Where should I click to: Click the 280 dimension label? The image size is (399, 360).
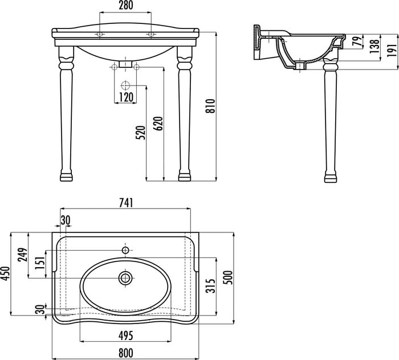tap(126, 5)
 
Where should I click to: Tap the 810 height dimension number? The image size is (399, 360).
tap(211, 106)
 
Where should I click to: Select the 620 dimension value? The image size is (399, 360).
tap(158, 124)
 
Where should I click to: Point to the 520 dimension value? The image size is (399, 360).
tap(140, 133)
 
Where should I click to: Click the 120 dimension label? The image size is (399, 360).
tap(126, 97)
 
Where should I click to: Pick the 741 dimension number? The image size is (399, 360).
tap(126, 203)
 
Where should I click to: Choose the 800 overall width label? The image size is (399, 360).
tap(126, 353)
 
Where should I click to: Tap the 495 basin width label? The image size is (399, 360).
tap(126, 336)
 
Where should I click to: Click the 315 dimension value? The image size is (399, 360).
tap(211, 286)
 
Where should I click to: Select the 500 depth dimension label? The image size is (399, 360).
tap(229, 278)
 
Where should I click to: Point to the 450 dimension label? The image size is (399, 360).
tap(5, 273)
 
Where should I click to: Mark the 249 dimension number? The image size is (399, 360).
tap(23, 255)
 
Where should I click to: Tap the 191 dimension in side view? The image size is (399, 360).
tap(393, 50)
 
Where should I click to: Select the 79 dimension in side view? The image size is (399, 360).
tap(358, 41)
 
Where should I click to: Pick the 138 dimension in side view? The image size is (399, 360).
tap(375, 46)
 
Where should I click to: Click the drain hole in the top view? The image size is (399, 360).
tap(125, 278)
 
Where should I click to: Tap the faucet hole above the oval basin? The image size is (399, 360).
tap(125, 251)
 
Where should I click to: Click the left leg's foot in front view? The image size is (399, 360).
tap(67, 177)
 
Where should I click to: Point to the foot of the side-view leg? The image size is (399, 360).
tap(331, 178)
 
